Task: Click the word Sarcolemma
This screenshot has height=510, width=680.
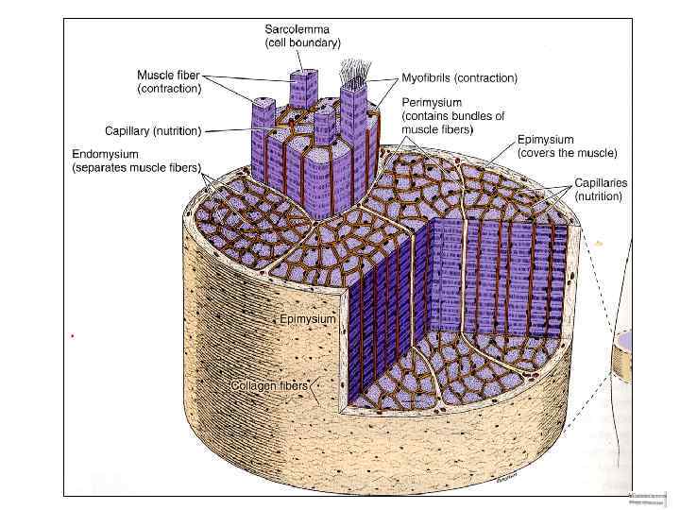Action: [296, 29]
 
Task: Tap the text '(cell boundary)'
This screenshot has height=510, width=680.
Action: [302, 43]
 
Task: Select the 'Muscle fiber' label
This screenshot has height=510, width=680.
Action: [168, 75]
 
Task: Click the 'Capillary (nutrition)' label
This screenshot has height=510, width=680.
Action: [152, 129]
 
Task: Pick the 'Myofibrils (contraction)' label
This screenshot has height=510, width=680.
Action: [459, 77]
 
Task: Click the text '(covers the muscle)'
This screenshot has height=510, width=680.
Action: [567, 153]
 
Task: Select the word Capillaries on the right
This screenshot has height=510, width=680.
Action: [601, 182]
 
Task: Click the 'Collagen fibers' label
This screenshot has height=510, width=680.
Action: [269, 385]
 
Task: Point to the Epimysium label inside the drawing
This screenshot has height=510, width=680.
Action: [308, 320]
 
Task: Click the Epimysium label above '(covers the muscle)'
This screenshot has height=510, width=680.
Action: [545, 140]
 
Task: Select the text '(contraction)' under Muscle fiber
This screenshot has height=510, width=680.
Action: [169, 89]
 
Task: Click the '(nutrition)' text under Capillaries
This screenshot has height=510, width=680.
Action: [599, 196]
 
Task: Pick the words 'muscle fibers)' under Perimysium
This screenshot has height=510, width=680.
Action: [437, 129]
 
